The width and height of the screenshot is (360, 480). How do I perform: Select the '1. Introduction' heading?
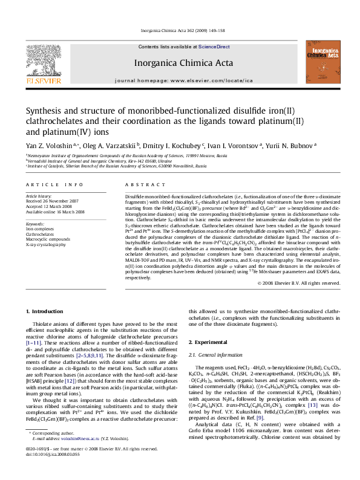tap(47, 311)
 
